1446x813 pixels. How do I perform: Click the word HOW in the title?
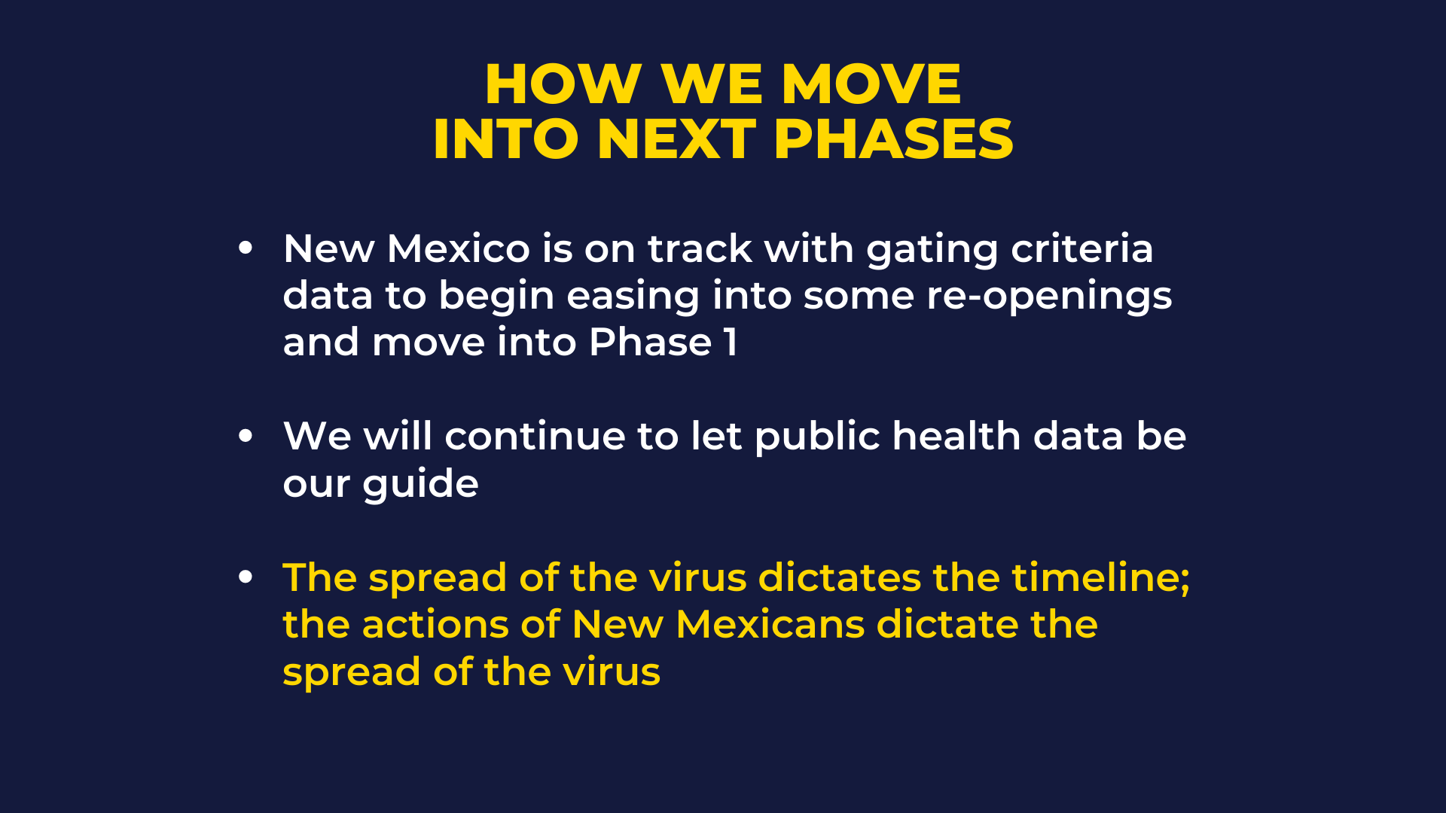point(563,84)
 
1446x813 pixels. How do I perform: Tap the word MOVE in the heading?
point(871,84)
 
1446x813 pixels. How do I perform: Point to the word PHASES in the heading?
point(893,139)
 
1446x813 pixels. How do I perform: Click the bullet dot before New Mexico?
point(246,248)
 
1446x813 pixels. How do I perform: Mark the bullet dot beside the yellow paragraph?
point(246,577)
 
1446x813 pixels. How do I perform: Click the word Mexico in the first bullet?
point(459,248)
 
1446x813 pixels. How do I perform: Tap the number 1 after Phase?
point(731,343)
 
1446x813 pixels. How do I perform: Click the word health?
point(956,436)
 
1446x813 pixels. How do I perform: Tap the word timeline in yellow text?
point(1094,577)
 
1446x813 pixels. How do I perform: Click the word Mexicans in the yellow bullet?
point(771,624)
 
